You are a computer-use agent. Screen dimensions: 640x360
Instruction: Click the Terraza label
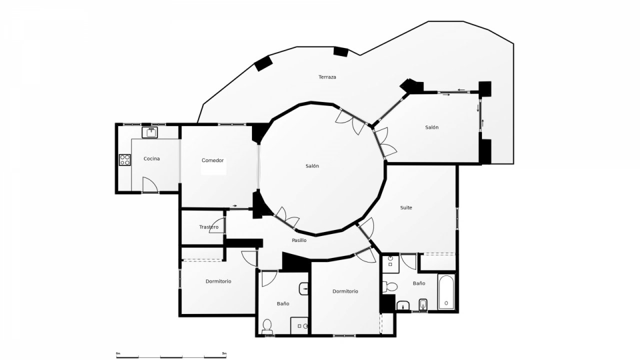click(x=327, y=77)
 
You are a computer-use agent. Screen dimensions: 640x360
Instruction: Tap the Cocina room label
click(x=151, y=158)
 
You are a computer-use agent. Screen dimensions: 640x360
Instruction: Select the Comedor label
click(x=212, y=160)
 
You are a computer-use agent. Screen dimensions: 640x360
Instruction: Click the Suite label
click(x=406, y=207)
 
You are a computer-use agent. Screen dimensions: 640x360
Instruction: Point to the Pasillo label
click(x=299, y=240)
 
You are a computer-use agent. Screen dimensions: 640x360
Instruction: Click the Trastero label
click(x=209, y=227)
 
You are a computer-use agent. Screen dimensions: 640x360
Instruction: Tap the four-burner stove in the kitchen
click(x=124, y=159)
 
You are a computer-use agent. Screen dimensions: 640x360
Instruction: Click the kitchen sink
click(x=149, y=132)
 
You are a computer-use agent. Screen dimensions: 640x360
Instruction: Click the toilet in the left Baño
click(x=267, y=326)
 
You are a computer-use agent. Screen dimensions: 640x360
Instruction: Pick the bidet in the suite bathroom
click(x=423, y=305)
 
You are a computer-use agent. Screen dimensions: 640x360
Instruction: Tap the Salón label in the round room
click(x=312, y=166)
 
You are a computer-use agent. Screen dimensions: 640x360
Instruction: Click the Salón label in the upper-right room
click(x=431, y=127)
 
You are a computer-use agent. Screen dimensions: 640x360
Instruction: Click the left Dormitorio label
click(x=218, y=281)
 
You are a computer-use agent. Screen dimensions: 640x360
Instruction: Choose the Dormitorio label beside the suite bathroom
click(x=345, y=291)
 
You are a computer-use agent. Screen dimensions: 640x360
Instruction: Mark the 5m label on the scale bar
click(x=224, y=353)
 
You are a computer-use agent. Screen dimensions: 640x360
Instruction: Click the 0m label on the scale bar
click(x=118, y=353)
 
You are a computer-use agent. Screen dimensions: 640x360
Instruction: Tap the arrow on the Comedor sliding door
click(x=235, y=205)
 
